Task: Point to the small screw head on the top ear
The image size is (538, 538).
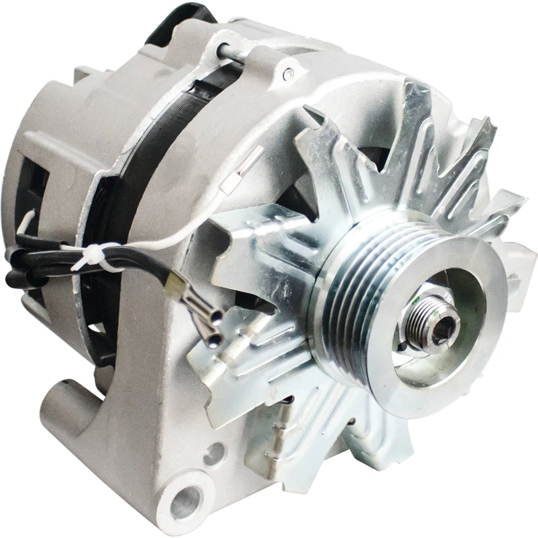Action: pyautogui.click(x=288, y=73)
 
